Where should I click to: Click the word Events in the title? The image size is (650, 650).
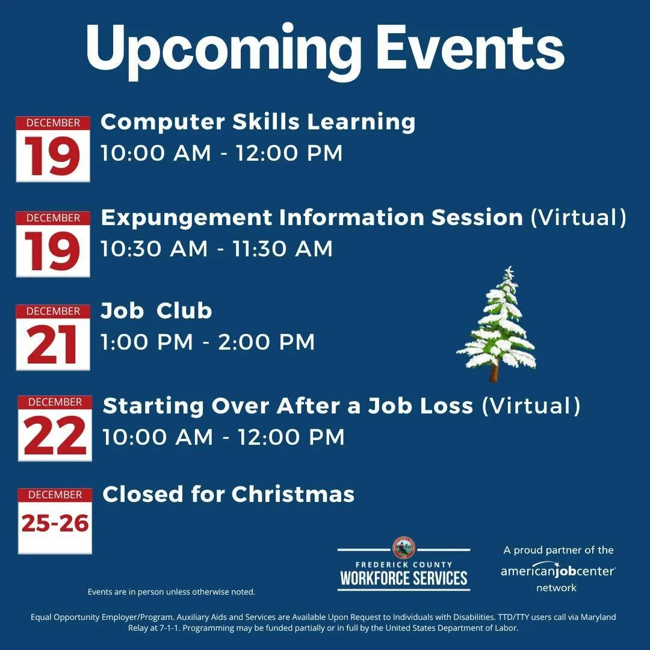tap(470, 48)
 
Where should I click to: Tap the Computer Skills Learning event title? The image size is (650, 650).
tap(258, 122)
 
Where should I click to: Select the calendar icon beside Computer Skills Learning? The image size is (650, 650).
tap(53, 149)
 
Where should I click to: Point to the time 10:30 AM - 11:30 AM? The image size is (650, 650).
tap(217, 249)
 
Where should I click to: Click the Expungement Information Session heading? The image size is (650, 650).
tap(312, 217)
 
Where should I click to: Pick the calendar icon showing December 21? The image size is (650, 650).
tap(53, 338)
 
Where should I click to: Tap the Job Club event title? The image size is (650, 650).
tap(156, 311)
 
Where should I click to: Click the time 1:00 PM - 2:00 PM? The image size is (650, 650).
tap(208, 342)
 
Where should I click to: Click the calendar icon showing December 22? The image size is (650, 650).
tap(55, 428)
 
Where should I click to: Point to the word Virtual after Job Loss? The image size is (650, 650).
tap(531, 406)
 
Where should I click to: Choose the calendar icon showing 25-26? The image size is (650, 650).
tap(55, 521)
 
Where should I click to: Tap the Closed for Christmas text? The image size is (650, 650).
tap(228, 494)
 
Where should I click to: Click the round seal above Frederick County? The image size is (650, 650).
tap(404, 547)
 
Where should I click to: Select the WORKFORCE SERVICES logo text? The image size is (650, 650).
tap(404, 578)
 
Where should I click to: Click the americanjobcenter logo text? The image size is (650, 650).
tap(558, 570)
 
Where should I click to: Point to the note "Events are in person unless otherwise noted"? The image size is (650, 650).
tap(172, 592)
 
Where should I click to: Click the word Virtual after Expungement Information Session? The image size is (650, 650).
tap(578, 217)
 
